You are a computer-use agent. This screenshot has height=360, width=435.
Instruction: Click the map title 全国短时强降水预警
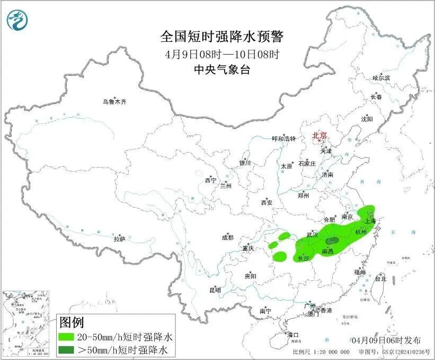click(222, 37)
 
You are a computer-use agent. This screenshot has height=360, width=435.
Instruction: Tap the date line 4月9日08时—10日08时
click(222, 54)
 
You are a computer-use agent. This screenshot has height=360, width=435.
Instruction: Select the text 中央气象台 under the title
click(222, 69)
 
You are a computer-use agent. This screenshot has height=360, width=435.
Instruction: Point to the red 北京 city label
click(320, 136)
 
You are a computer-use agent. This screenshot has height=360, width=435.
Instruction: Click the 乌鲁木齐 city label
click(115, 102)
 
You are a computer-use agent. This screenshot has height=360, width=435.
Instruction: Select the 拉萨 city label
click(119, 239)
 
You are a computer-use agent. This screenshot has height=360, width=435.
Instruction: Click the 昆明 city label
click(215, 290)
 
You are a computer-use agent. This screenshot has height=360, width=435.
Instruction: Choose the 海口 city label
click(293, 335)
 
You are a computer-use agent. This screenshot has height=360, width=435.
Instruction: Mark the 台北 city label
click(380, 278)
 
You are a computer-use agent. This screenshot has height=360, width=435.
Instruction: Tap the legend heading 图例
click(72, 322)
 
